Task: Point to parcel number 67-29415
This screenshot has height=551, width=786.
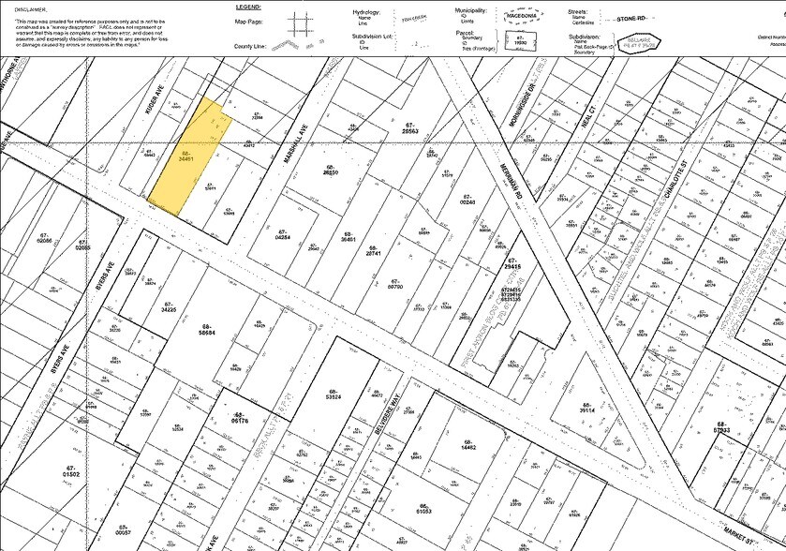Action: click(x=512, y=265)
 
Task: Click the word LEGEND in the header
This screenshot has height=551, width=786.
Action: click(x=248, y=6)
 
